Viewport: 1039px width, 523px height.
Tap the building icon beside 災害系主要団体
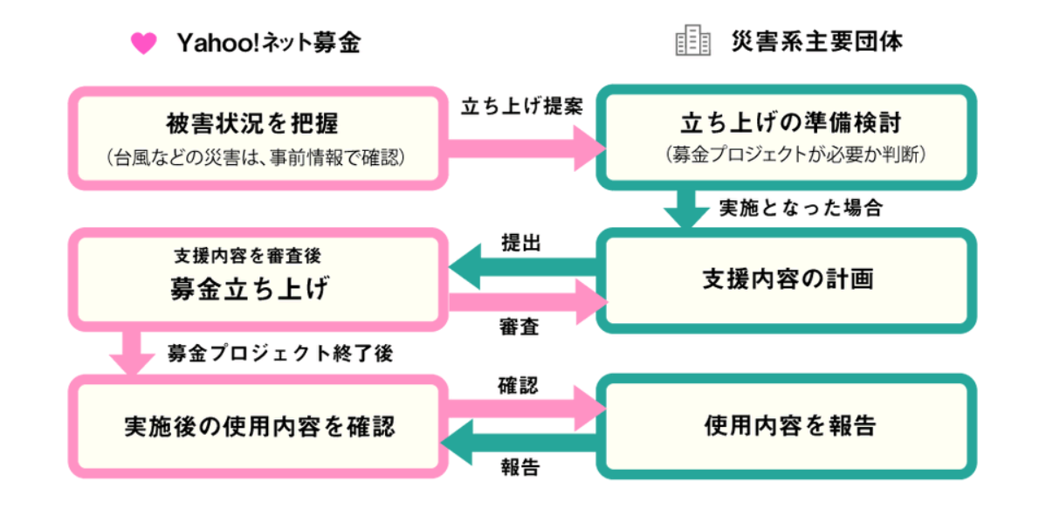coord(693,41)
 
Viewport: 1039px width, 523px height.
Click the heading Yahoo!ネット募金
coord(269,42)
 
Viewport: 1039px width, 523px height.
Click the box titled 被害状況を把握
coord(257,138)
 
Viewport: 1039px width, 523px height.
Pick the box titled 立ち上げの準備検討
coord(786,138)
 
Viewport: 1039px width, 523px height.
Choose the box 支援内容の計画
coord(786,280)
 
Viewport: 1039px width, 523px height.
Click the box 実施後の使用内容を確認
coord(257,426)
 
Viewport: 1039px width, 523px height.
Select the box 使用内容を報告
coord(786,426)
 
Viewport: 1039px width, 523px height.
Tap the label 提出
coord(521,242)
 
